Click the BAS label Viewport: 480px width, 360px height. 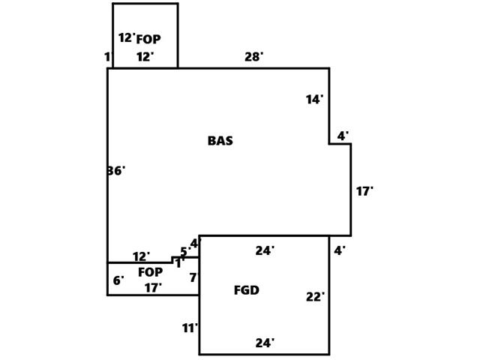point(220,141)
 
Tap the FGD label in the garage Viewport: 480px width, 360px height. point(246,290)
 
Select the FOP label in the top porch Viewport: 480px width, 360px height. point(148,40)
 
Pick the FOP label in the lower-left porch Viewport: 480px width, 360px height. point(150,272)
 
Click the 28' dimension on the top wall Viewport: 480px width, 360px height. point(254,57)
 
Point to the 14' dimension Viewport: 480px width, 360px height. point(314,100)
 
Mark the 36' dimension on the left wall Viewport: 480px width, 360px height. point(115,171)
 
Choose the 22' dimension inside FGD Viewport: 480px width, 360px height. point(315,297)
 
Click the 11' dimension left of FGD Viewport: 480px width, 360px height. point(190,328)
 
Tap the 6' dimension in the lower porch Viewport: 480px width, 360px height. point(118,281)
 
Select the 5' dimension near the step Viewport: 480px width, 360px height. point(185,252)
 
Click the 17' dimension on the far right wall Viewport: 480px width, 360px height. point(364,192)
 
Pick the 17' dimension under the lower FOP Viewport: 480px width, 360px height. point(153,288)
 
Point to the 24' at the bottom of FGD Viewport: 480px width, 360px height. point(265,343)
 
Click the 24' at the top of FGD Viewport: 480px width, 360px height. point(265,251)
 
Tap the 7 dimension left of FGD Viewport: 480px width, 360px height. point(193,278)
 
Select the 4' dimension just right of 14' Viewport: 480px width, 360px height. point(342,136)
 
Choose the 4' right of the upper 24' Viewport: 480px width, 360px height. point(340,251)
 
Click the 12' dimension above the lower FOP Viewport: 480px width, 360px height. point(141,257)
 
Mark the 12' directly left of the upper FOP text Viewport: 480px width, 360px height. point(126,38)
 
